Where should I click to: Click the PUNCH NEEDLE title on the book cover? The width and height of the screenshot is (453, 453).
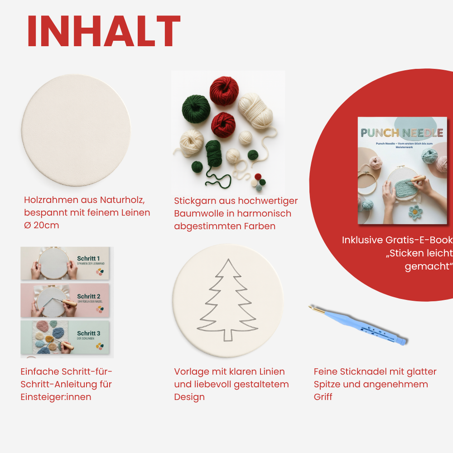pyautogui.click(x=401, y=133)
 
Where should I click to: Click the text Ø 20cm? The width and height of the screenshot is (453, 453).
pyautogui.click(x=41, y=225)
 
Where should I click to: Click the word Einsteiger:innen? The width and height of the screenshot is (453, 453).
pyautogui.click(x=56, y=397)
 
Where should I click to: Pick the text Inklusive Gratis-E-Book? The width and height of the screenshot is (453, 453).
pyautogui.click(x=397, y=240)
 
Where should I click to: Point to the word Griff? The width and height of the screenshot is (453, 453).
pyautogui.click(x=323, y=397)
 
